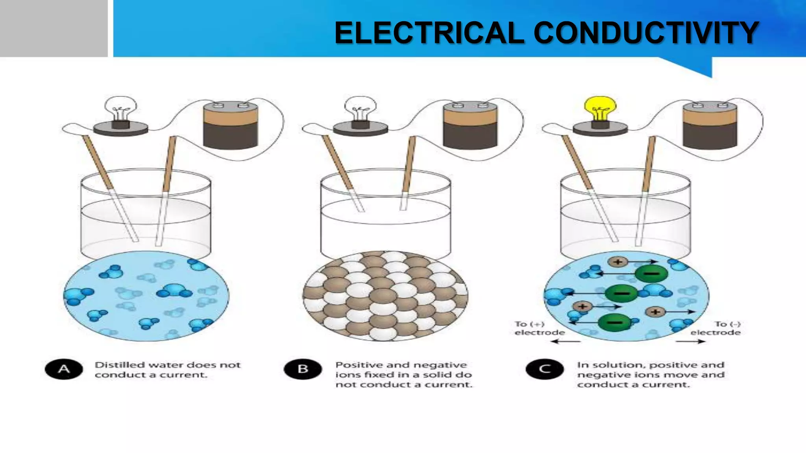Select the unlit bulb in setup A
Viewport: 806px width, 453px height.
pos(120,108)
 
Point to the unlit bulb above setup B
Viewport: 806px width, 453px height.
pos(360,108)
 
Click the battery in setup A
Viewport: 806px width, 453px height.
pos(231,125)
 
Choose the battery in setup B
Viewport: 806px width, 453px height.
pos(470,125)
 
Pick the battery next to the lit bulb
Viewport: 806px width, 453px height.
pos(710,125)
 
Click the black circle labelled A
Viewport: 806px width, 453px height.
pos(64,369)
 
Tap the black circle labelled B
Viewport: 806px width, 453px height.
pos(303,369)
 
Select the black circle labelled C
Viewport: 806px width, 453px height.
pos(545,369)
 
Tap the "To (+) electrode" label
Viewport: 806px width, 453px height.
pos(539,328)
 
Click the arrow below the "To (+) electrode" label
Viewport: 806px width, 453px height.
pos(566,341)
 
